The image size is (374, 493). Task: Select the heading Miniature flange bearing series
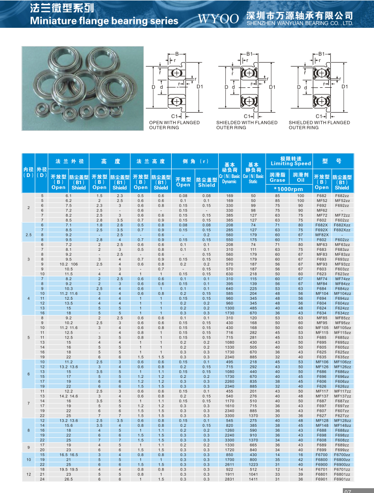click(x=104, y=21)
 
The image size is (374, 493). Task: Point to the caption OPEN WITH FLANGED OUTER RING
click(x=175, y=125)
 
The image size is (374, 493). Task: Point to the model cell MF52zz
click(x=342, y=200)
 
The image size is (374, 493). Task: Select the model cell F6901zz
click(x=342, y=479)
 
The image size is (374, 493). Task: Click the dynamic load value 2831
click(x=229, y=479)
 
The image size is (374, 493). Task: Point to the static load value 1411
click(x=253, y=479)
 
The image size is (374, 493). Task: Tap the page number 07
click(x=348, y=490)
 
